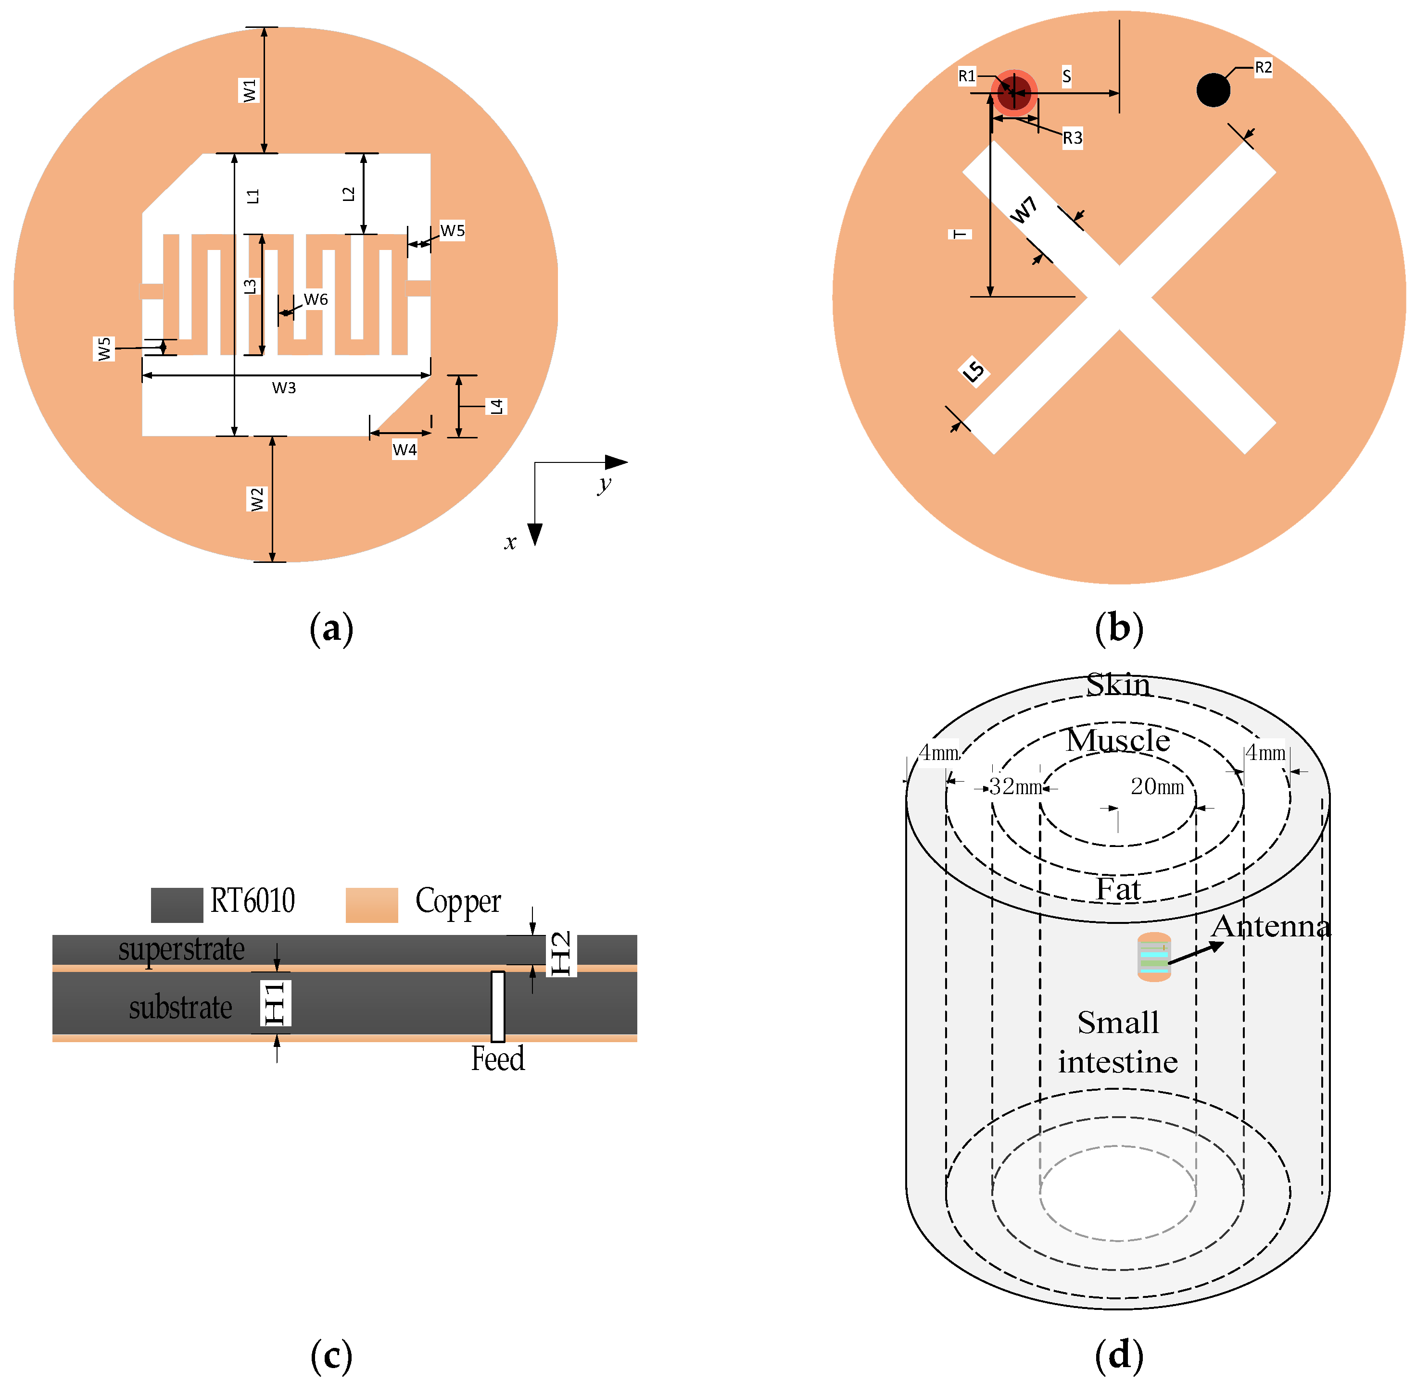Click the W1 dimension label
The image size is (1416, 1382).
pyautogui.click(x=249, y=91)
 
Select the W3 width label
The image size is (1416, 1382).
pyautogui.click(x=284, y=387)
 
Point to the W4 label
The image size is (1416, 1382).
pyautogui.click(x=405, y=450)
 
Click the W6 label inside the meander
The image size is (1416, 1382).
pyautogui.click(x=316, y=299)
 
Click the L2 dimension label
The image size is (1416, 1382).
pyautogui.click(x=349, y=194)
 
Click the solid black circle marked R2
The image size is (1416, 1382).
pyautogui.click(x=1213, y=90)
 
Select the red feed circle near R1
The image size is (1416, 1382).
pyautogui.click(x=1014, y=92)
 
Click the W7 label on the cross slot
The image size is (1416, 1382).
pyautogui.click(x=1024, y=211)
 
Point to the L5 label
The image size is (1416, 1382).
pyautogui.click(x=974, y=372)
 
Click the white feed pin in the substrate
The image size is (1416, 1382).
pyautogui.click(x=497, y=1006)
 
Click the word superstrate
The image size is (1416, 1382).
pyautogui.click(x=181, y=949)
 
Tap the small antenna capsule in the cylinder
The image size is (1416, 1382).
pyautogui.click(x=1153, y=957)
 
